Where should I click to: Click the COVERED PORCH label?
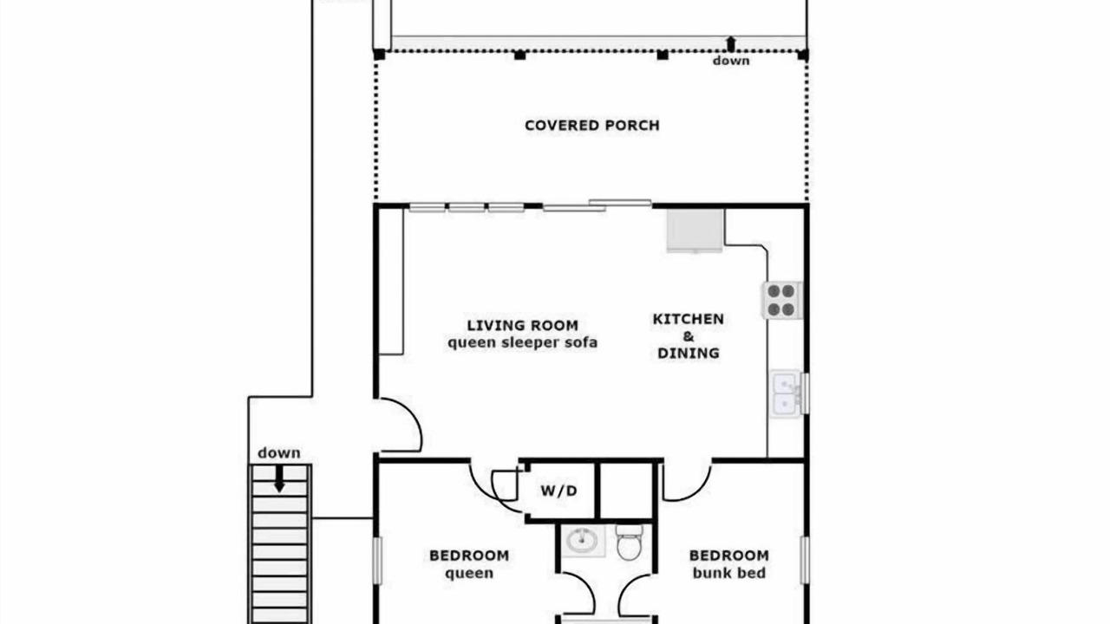click(x=592, y=126)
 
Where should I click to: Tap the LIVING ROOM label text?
click(x=523, y=325)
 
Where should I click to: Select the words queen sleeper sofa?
click(x=523, y=342)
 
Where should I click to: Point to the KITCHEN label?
click(x=689, y=319)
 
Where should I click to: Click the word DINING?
click(x=689, y=353)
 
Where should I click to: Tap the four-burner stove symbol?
click(x=781, y=300)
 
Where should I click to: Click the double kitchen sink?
click(x=787, y=393)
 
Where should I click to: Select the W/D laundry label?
click(x=559, y=491)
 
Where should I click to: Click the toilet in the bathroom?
click(x=630, y=543)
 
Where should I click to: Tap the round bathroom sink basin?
click(x=582, y=540)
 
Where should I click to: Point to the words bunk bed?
click(x=729, y=573)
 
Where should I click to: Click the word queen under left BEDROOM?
click(x=469, y=574)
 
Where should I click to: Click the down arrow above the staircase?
click(x=279, y=479)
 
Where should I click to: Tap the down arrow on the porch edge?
click(x=731, y=43)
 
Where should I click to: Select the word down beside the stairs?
click(x=279, y=452)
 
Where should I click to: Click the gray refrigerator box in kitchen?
click(x=695, y=231)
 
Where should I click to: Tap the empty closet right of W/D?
click(x=626, y=491)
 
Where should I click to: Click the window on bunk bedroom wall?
click(x=805, y=560)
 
